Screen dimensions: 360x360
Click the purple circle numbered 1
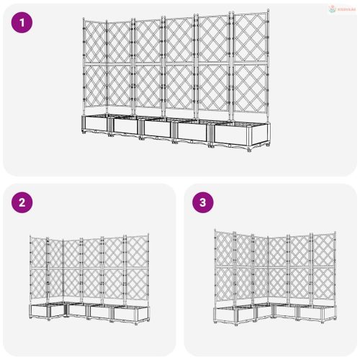tap(22, 22)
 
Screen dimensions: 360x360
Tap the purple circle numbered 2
tap(22, 202)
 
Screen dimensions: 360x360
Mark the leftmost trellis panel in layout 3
tap(225, 266)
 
